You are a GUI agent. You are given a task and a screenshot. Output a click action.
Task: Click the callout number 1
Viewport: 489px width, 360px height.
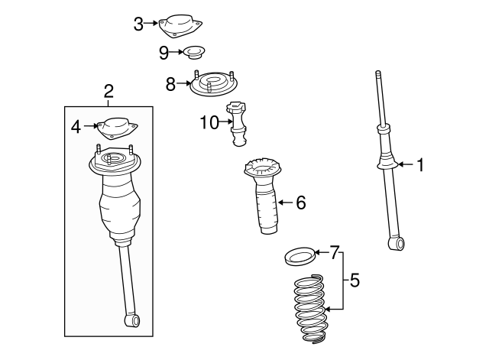tap(419, 164)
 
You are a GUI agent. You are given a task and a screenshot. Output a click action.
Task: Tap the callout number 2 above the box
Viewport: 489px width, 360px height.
tap(108, 92)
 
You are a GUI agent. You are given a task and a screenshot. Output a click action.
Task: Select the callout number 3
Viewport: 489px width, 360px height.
tap(138, 24)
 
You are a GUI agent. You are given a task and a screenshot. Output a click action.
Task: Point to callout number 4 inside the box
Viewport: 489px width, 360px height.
tap(76, 126)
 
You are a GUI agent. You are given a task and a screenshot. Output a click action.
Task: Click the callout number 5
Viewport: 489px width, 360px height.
tap(355, 280)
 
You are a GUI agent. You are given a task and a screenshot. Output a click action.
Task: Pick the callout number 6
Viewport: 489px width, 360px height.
tap(300, 203)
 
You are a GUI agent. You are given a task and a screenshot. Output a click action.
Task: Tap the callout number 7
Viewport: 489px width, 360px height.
tap(334, 251)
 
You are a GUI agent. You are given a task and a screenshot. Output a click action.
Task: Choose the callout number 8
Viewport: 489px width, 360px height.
tap(170, 83)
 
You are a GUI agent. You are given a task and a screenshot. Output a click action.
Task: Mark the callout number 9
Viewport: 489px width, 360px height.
tap(164, 52)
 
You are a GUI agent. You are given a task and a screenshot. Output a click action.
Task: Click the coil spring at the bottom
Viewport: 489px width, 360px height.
tap(309, 310)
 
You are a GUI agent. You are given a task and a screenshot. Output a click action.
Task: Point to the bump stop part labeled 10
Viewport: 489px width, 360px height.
tap(238, 122)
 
